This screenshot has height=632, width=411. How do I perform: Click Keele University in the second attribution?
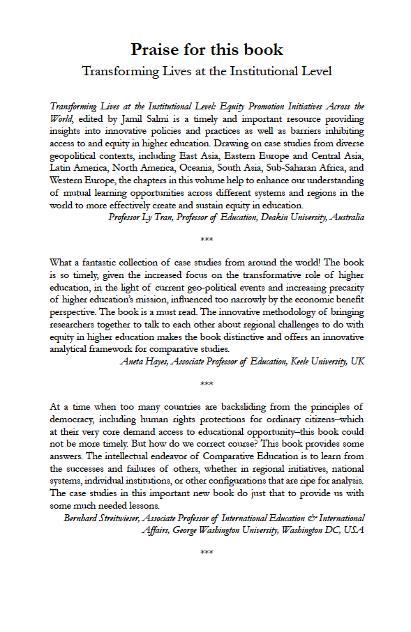(x=311, y=361)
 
